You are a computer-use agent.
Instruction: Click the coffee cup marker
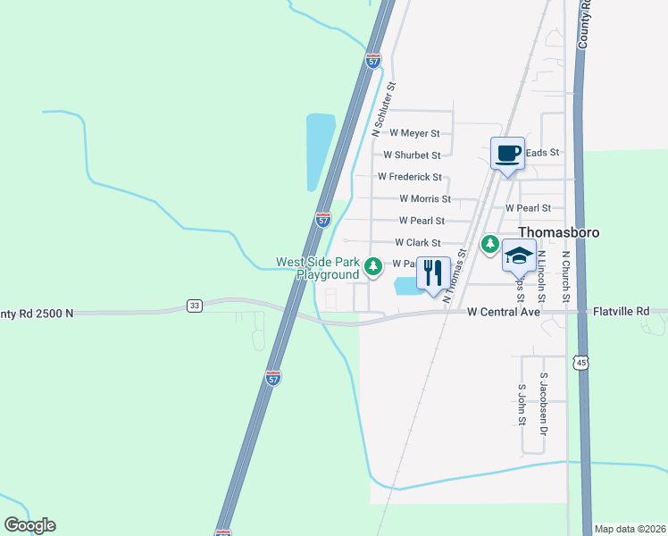(507, 153)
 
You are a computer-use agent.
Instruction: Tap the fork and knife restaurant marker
(433, 273)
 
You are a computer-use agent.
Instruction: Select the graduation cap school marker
(519, 256)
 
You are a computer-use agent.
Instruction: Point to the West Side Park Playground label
(317, 269)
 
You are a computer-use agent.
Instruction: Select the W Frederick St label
(410, 177)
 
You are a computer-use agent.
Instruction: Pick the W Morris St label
(425, 198)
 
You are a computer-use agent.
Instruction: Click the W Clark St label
(417, 242)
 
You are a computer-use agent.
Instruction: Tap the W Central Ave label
(505, 313)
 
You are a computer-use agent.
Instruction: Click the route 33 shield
(195, 306)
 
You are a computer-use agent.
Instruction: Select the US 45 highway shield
(581, 362)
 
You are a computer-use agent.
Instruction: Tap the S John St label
(522, 405)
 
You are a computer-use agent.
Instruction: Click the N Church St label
(565, 273)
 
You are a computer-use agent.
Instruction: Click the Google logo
(29, 525)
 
